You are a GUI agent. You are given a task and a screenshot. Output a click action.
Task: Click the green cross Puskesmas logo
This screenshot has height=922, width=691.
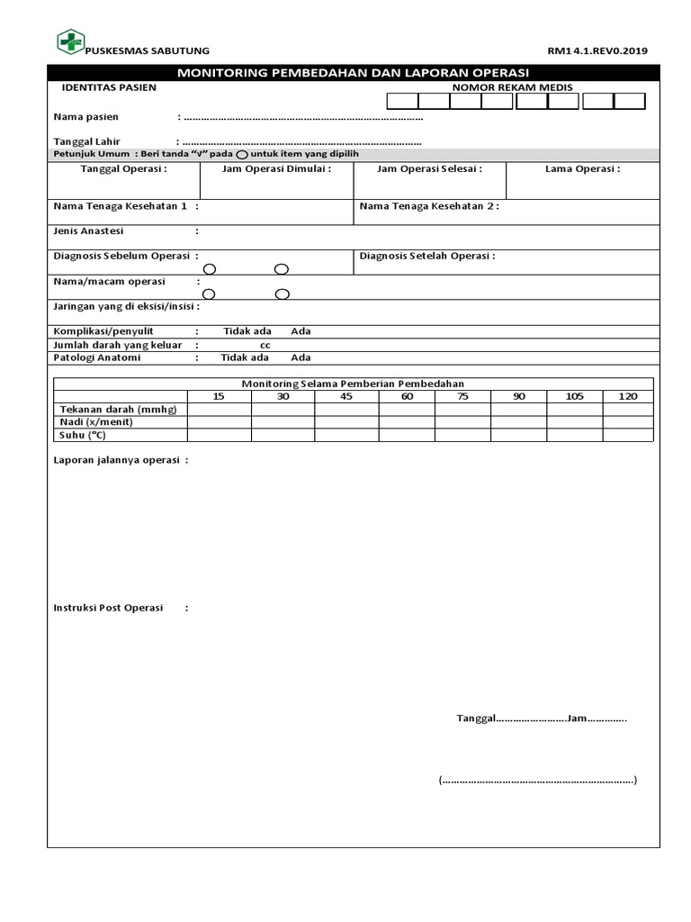point(69,41)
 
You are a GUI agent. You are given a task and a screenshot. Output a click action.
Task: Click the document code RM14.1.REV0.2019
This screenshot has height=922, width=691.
point(597,51)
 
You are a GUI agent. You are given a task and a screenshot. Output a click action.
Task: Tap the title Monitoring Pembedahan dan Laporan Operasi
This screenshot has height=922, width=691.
point(353,73)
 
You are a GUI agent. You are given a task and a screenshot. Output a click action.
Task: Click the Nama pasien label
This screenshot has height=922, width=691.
point(86,117)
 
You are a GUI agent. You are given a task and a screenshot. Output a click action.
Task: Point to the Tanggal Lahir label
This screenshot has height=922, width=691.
point(87,141)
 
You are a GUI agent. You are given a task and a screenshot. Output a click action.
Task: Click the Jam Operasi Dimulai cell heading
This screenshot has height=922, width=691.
point(276,168)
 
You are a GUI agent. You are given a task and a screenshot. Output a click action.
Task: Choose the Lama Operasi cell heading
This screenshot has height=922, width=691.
point(582,168)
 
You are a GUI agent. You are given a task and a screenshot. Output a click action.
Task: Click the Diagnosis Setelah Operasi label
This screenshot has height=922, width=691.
point(427,256)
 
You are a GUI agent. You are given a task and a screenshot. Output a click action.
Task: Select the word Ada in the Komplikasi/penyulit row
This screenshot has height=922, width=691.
point(301,331)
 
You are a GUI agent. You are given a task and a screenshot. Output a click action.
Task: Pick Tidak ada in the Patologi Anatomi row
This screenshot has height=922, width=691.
point(245,357)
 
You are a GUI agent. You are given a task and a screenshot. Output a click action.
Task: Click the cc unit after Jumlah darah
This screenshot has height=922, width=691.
point(265,345)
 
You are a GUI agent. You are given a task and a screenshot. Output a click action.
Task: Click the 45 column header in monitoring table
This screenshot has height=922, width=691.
point(346,396)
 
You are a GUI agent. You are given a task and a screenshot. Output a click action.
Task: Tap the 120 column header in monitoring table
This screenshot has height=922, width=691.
point(628,396)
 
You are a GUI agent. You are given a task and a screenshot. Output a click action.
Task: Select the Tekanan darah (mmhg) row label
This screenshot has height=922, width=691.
point(118,409)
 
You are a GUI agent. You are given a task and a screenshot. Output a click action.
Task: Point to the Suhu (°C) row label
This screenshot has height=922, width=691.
point(83,435)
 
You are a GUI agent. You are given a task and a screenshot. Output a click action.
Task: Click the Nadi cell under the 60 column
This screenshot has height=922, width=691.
point(407,422)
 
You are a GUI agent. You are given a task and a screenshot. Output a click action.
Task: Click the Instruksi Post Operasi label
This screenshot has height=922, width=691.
point(108,608)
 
